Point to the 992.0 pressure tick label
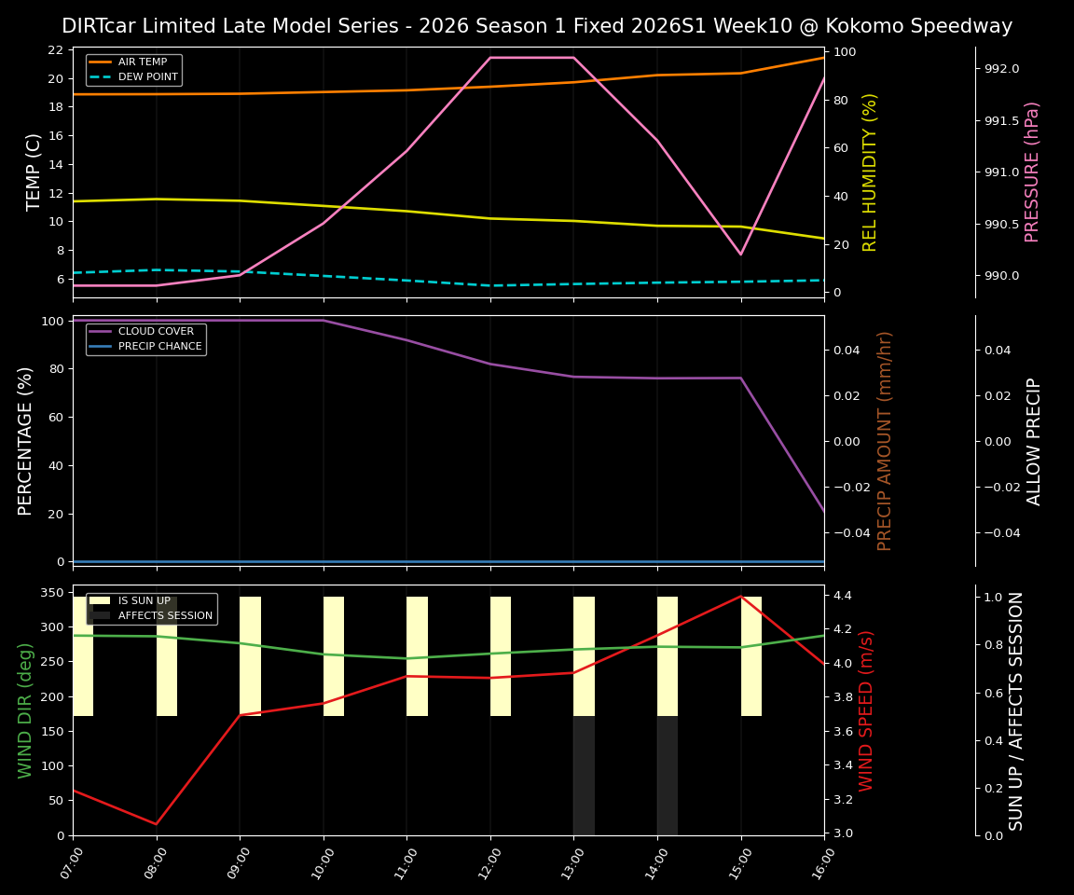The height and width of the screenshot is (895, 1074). pos(1002,69)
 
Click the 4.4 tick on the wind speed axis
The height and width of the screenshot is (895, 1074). pos(843,595)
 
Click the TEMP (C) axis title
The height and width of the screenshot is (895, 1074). pos(34,172)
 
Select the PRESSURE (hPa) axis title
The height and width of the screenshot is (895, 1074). pos(1032,172)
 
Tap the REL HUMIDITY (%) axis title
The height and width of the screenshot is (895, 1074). pos(870,172)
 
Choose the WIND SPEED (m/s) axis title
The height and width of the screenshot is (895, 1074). pos(867,710)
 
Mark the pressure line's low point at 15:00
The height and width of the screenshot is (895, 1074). pos(741,254)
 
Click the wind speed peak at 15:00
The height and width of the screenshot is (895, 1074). pos(741,596)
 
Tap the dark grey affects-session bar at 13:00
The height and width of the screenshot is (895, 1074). pos(584,776)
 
